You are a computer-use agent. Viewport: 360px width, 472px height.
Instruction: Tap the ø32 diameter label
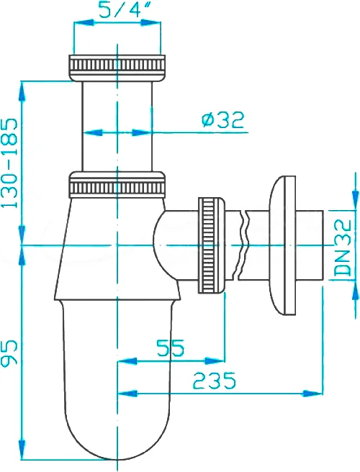(222, 120)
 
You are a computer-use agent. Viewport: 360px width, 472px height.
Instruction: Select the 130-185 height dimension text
(10, 163)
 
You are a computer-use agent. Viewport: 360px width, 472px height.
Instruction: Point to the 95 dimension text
(10, 353)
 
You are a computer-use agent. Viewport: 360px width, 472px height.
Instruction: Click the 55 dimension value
(170, 348)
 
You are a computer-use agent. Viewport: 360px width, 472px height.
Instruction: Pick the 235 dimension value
(214, 381)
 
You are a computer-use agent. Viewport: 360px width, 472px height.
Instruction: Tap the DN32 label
(343, 248)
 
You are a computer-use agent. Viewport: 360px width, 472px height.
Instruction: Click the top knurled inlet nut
(117, 68)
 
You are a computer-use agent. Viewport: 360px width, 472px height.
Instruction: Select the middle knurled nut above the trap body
(117, 184)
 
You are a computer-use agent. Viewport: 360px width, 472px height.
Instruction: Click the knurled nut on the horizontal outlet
(211, 245)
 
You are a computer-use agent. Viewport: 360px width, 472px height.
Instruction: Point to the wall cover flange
(283, 245)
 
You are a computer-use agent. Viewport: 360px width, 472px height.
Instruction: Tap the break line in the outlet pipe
(243, 245)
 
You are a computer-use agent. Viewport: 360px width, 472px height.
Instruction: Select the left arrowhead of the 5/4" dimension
(84, 22)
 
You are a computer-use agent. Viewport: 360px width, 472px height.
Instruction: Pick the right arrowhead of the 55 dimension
(215, 360)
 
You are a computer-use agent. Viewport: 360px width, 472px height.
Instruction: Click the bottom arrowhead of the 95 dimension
(22, 449)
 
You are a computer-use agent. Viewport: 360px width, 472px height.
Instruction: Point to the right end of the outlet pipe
(323, 245)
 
